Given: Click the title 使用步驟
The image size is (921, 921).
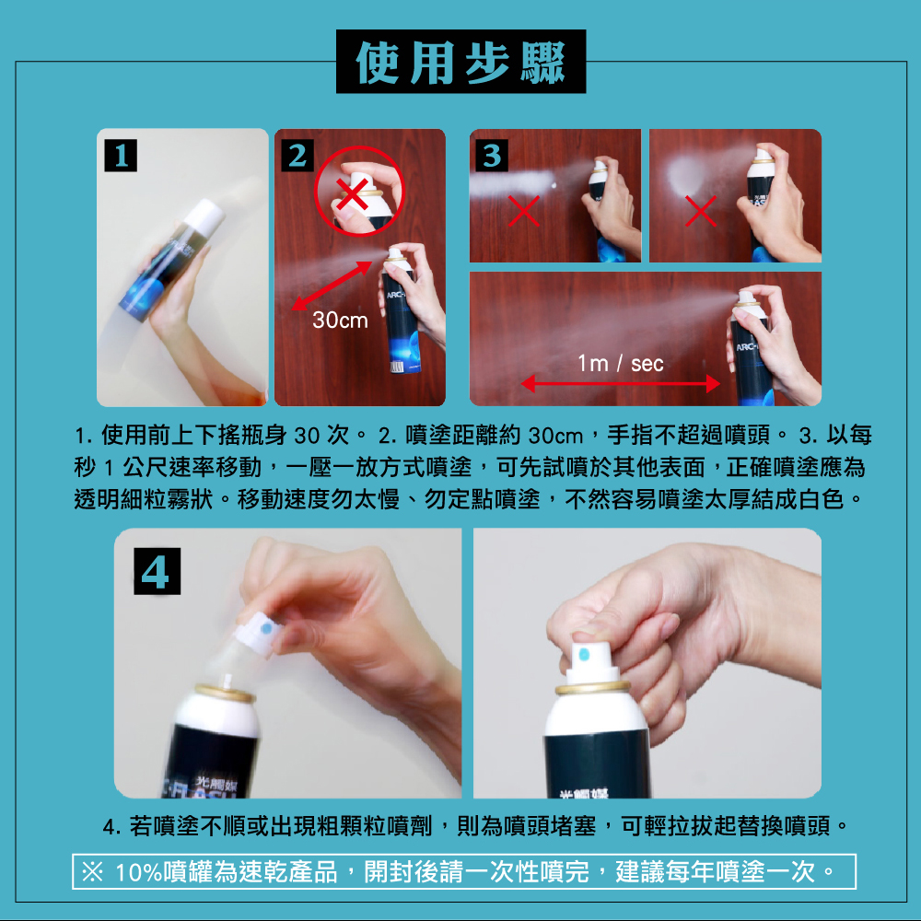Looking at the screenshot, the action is [x=460, y=62].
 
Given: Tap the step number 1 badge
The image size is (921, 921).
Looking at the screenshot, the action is [x=121, y=156].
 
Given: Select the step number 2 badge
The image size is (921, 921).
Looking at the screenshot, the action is [x=297, y=156].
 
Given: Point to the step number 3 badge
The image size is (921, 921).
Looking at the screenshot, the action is [x=492, y=156].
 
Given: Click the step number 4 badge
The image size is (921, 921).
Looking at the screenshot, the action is [x=157, y=572].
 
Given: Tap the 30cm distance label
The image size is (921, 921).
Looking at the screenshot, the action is [x=340, y=321].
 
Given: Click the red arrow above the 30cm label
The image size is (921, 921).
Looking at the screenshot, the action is [x=332, y=286].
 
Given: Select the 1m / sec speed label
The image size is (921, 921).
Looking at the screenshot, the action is [x=620, y=364].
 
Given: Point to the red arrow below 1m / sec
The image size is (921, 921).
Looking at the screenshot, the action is [x=620, y=384].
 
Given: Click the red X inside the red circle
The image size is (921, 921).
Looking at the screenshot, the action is [x=352, y=194].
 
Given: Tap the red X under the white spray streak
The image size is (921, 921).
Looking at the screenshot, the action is [x=524, y=211].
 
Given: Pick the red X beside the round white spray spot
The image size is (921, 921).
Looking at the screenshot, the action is [x=700, y=211].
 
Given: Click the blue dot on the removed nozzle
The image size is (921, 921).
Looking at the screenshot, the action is [x=265, y=629].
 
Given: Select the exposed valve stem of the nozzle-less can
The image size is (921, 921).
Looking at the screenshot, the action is [x=226, y=682].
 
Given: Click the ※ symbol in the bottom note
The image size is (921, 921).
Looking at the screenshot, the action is [x=93, y=871].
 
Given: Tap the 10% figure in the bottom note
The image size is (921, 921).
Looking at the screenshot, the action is [x=139, y=872].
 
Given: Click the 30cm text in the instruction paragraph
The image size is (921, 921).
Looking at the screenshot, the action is [x=555, y=436].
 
